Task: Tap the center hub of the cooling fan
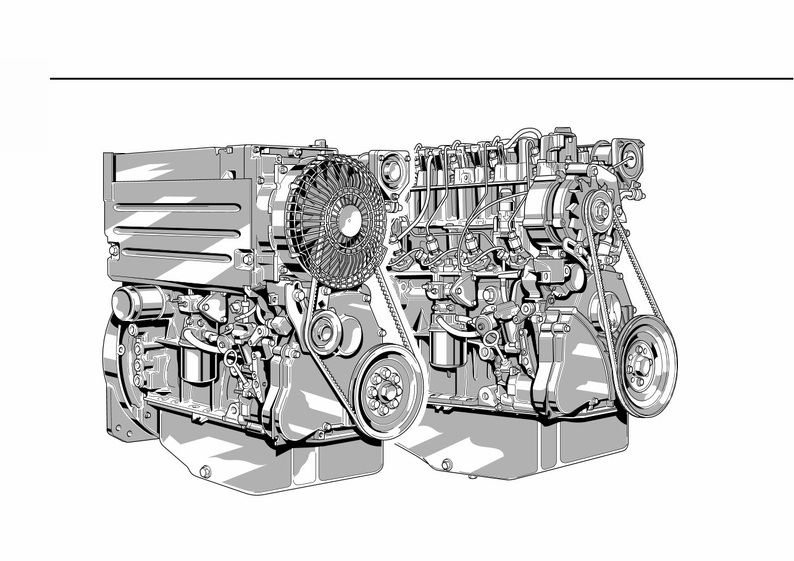(350, 217)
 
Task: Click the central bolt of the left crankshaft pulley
(385, 393)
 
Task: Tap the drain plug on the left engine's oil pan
(205, 472)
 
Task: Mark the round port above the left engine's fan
(390, 168)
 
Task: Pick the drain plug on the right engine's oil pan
(446, 463)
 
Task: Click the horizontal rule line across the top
(420, 79)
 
